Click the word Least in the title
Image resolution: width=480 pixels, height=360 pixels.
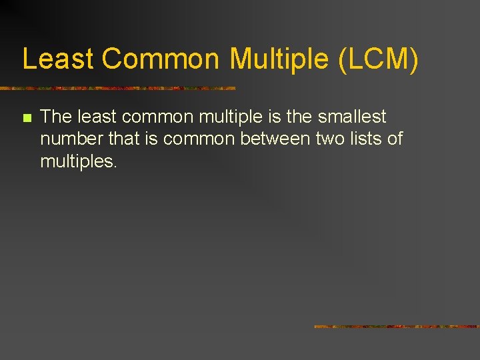point(58,59)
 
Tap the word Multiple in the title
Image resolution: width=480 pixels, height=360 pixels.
point(280,59)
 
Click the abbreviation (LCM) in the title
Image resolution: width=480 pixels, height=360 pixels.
point(379,59)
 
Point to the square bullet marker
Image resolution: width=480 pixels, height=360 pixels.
point(27,118)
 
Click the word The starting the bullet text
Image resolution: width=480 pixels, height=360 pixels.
point(56,117)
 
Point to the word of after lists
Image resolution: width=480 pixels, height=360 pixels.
point(395,139)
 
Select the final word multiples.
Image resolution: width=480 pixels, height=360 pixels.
point(79,161)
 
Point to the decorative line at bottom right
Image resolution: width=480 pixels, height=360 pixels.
point(397,327)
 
